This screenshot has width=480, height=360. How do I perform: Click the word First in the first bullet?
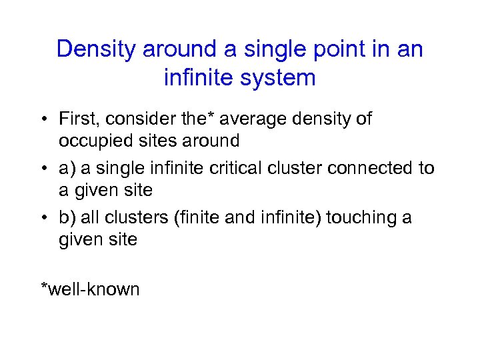click(x=76, y=119)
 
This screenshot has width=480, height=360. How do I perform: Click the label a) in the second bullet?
click(x=67, y=169)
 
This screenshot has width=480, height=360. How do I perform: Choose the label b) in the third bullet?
click(x=67, y=218)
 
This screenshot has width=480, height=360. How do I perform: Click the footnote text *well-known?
click(x=91, y=289)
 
